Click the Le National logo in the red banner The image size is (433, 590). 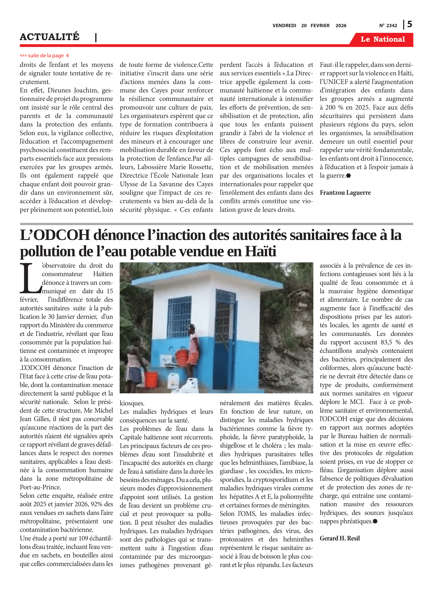(x=382, y=39)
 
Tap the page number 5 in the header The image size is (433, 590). (x=409, y=24)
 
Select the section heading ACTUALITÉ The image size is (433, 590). (x=50, y=37)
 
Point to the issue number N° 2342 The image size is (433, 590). (x=388, y=26)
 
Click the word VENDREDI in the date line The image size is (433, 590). (x=284, y=26)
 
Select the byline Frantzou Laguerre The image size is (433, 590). (x=345, y=193)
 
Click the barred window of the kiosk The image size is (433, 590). (x=179, y=317)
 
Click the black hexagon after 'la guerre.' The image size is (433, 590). (x=349, y=176)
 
